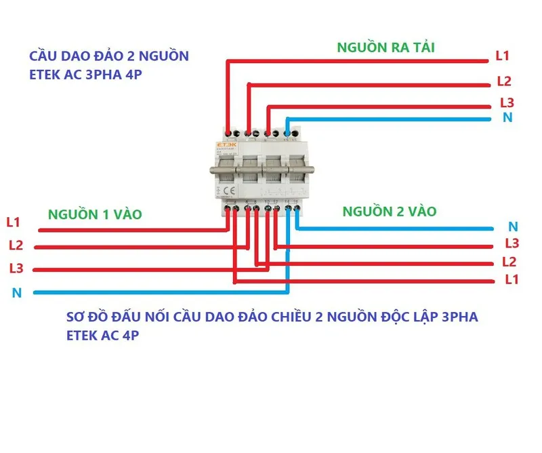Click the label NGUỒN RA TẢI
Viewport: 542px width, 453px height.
tap(387, 47)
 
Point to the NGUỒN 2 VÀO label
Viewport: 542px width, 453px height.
tap(390, 211)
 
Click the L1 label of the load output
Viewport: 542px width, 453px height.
tap(503, 56)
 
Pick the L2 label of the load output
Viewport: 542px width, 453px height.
tap(503, 81)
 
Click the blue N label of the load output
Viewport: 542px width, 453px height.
tap(507, 118)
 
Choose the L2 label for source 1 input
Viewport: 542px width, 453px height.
tap(16, 245)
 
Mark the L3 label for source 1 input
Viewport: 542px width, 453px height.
tap(16, 268)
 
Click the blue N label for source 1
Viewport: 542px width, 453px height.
tap(16, 293)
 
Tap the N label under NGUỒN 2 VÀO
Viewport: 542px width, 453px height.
tap(513, 226)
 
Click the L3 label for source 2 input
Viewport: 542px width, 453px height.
tap(512, 243)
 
